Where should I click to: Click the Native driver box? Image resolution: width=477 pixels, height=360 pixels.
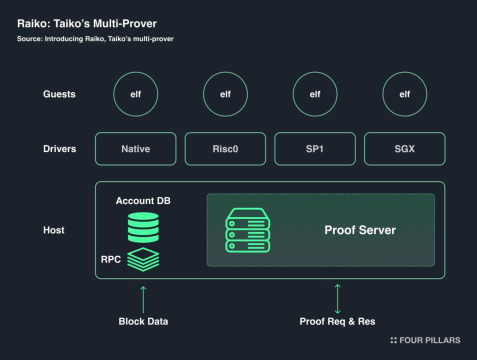tap(135, 148)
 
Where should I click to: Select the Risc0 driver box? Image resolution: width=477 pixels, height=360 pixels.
tap(225, 148)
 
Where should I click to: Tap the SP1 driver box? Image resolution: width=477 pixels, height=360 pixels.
tap(315, 148)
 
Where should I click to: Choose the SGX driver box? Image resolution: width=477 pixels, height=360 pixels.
tap(404, 148)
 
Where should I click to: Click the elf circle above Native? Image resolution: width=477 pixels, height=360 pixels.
tap(135, 94)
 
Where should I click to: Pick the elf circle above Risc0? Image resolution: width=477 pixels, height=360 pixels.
tap(225, 94)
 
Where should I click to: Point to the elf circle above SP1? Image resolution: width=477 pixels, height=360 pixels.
tap(315, 94)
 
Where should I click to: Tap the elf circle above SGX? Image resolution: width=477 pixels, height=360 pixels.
tap(404, 94)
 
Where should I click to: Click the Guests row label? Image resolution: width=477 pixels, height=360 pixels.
tap(59, 94)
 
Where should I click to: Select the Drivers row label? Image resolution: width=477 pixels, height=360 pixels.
tap(59, 148)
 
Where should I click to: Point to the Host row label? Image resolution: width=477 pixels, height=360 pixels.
tap(53, 230)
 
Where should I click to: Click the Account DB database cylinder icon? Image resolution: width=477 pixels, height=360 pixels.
tap(143, 227)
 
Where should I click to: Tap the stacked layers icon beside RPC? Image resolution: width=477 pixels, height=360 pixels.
tap(143, 258)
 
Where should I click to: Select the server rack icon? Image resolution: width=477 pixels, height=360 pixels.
tap(247, 230)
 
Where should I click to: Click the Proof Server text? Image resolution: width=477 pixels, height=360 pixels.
tap(360, 230)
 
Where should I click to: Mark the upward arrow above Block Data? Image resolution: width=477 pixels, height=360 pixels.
tap(143, 299)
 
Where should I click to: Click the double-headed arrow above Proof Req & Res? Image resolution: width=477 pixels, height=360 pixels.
tap(337, 298)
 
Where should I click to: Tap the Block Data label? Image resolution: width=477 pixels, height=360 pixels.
tap(143, 321)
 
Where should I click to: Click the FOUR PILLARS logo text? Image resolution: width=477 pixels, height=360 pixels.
tap(429, 340)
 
